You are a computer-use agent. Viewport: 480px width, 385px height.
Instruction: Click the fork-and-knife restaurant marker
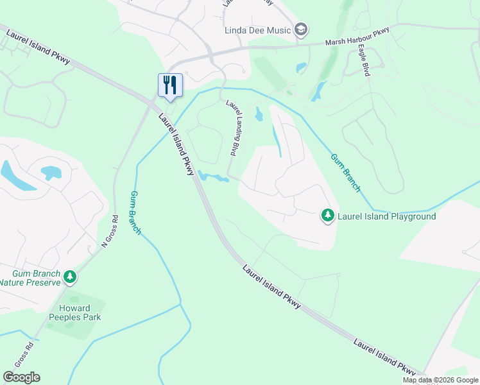[x=170, y=85]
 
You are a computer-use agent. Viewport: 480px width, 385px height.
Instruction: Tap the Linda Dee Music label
[x=257, y=30]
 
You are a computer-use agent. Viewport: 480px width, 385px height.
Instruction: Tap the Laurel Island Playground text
[x=387, y=216]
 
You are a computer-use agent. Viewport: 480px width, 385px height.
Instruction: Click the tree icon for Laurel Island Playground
[x=328, y=216]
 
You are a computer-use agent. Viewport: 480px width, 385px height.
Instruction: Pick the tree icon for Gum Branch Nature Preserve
[x=70, y=278]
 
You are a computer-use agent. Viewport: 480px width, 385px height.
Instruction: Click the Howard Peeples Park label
[x=76, y=312]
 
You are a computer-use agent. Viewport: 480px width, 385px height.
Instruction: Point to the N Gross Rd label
[x=110, y=231]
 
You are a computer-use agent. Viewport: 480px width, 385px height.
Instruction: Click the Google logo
[x=21, y=377]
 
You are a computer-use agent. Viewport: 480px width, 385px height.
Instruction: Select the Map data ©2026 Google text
[x=440, y=380]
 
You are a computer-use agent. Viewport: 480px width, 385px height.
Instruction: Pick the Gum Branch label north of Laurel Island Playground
[x=346, y=173]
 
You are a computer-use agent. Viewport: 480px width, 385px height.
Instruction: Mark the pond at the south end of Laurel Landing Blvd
[x=214, y=176]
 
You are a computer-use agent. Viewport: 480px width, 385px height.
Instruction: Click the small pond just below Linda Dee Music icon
[x=301, y=67]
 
